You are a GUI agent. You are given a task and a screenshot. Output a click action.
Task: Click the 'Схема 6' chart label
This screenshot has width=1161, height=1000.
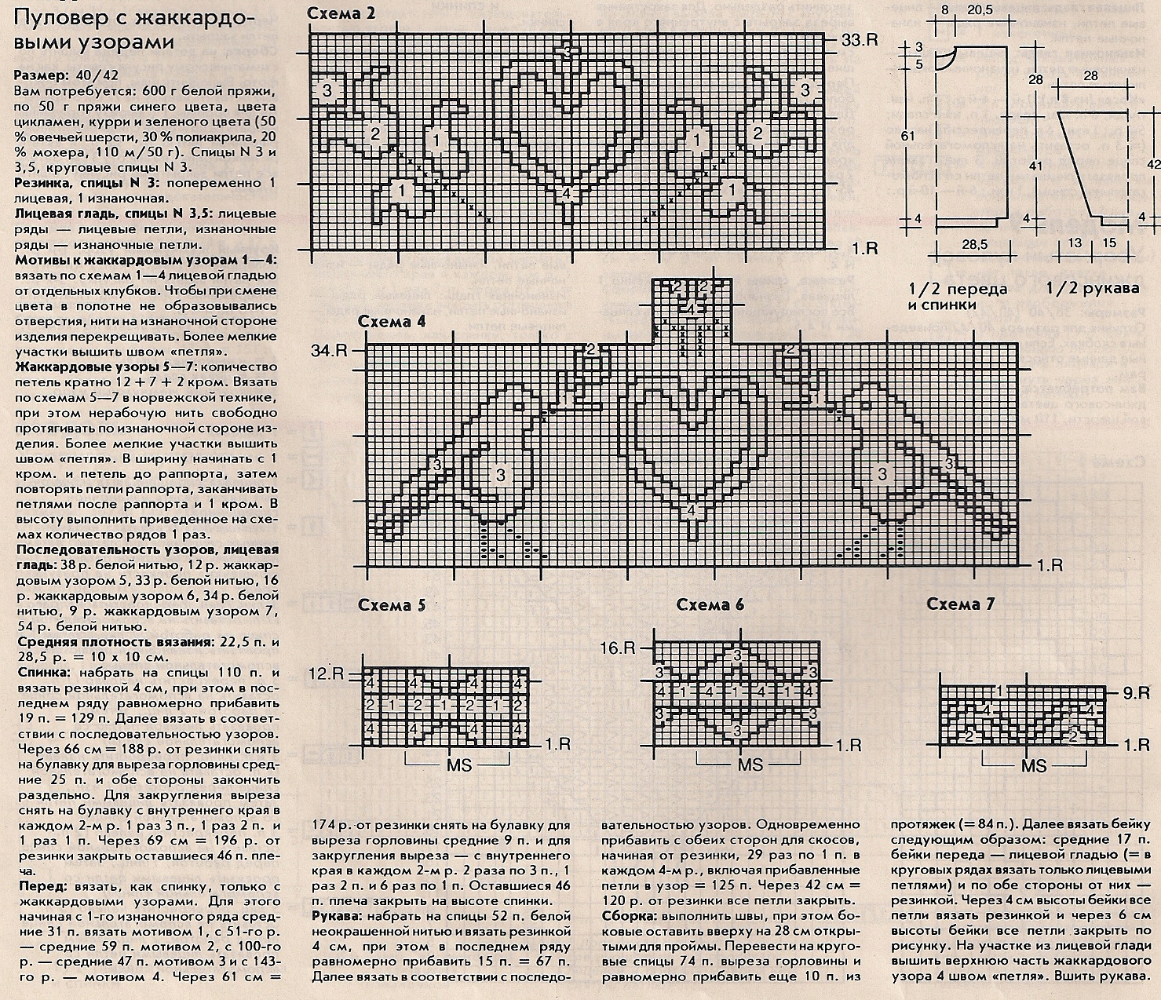(x=710, y=604)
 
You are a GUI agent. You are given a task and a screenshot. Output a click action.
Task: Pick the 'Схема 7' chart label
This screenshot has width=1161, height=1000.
(x=961, y=604)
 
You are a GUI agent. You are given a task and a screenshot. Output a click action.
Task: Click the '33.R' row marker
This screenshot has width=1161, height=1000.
(x=860, y=40)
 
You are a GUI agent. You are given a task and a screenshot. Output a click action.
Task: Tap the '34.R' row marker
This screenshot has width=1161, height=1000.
(x=330, y=350)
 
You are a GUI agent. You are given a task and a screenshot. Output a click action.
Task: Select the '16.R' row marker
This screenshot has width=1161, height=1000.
(x=618, y=648)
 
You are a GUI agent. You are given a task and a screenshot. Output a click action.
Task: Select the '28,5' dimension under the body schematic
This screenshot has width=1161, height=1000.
(x=973, y=244)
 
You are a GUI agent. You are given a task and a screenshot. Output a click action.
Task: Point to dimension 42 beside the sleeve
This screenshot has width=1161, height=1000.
(x=1153, y=164)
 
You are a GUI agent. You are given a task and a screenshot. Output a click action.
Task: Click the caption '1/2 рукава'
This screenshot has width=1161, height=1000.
(x=1092, y=289)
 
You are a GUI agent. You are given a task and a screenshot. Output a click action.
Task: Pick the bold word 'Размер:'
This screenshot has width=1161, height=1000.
(x=41, y=76)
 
